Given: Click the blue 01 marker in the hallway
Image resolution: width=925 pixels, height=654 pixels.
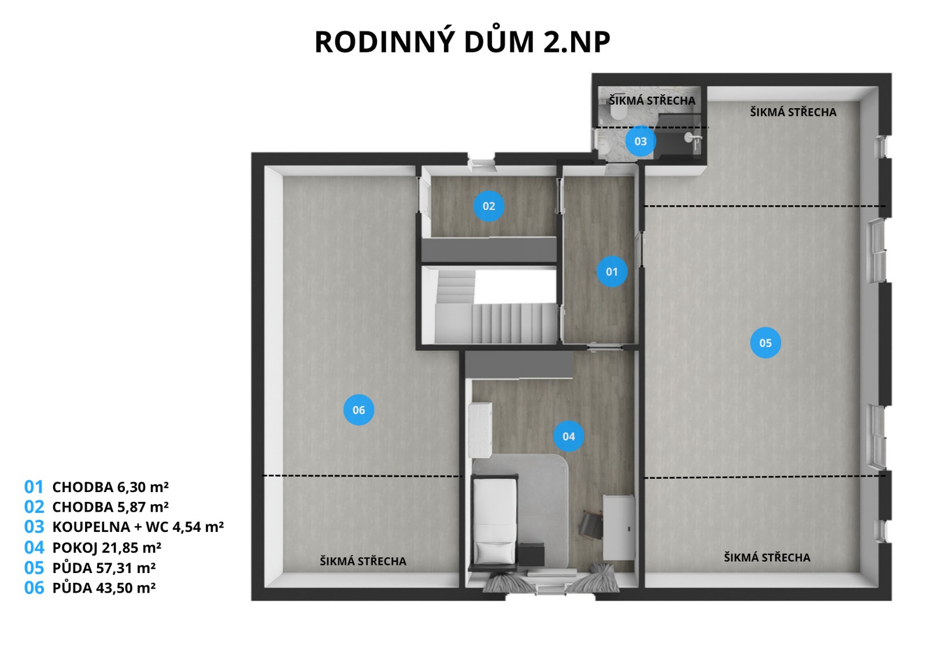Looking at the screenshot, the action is tap(612, 272).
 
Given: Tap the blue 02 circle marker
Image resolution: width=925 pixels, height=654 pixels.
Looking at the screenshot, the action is tap(489, 206).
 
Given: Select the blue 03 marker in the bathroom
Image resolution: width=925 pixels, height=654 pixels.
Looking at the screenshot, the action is tap(641, 141).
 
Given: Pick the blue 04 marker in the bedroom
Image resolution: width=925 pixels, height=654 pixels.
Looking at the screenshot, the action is tap(569, 436).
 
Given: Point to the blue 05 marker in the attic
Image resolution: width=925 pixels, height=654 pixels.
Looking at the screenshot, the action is tap(765, 343).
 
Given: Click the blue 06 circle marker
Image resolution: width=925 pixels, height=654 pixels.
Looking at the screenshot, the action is tap(359, 410).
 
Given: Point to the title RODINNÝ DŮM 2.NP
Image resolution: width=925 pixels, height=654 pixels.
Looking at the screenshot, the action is tap(462, 42).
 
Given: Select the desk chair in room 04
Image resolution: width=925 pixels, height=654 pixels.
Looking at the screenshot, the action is tap(590, 524).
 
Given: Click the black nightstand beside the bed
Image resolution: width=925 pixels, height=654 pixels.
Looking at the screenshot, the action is tap(531, 555).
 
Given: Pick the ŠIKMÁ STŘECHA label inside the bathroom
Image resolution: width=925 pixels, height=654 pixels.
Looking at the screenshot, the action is tap(652, 101).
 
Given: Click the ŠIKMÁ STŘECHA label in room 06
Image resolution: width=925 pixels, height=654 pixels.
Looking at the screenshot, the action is tap(363, 561).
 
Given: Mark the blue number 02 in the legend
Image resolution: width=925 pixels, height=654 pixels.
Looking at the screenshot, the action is tap(34, 507).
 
